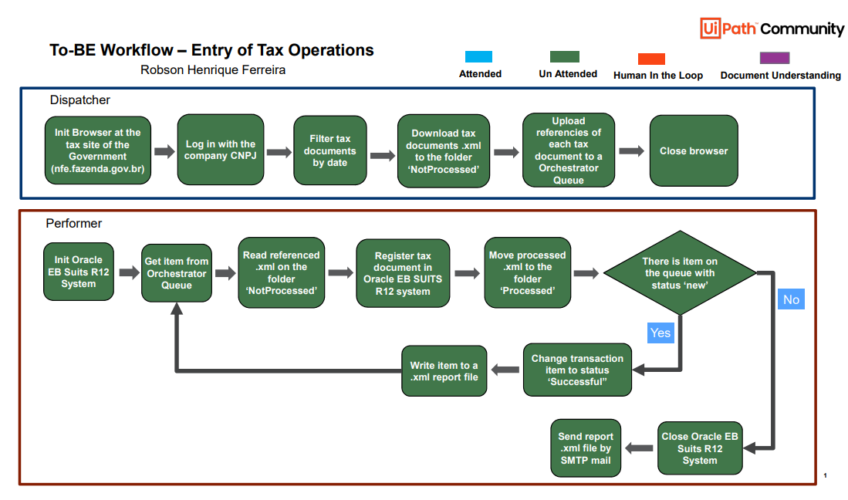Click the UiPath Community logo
(x=772, y=29)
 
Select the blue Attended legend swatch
(x=478, y=57)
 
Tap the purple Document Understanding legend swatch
(x=774, y=58)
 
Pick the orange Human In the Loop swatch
(x=651, y=59)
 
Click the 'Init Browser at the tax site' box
(x=98, y=150)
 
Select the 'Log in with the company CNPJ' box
(x=220, y=150)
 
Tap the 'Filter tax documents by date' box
(x=329, y=150)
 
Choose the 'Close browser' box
(x=693, y=150)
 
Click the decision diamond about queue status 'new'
(x=679, y=273)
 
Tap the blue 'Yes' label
(x=660, y=333)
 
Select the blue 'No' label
(x=791, y=299)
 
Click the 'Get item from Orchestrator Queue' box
(x=176, y=273)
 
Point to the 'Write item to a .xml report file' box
(x=444, y=371)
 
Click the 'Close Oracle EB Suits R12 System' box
(x=699, y=448)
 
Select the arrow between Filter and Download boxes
(x=382, y=155)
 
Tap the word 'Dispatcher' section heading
(x=79, y=100)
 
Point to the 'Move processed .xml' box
(x=527, y=273)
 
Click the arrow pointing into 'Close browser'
(x=631, y=151)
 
